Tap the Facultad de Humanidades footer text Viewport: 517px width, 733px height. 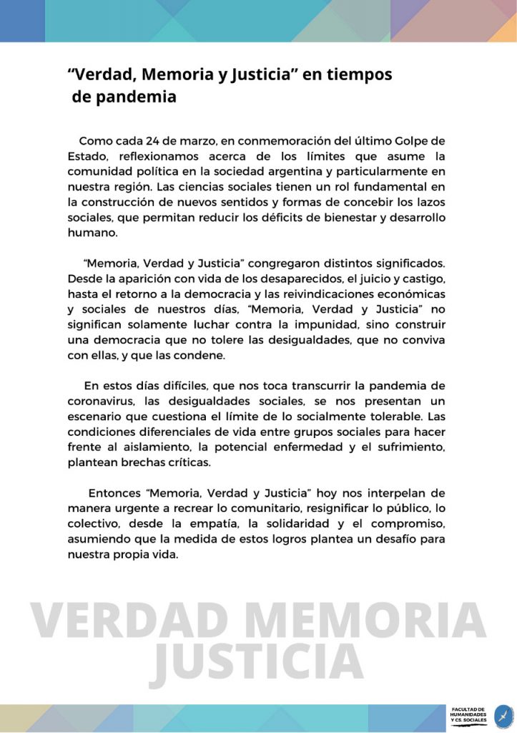[468, 714]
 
